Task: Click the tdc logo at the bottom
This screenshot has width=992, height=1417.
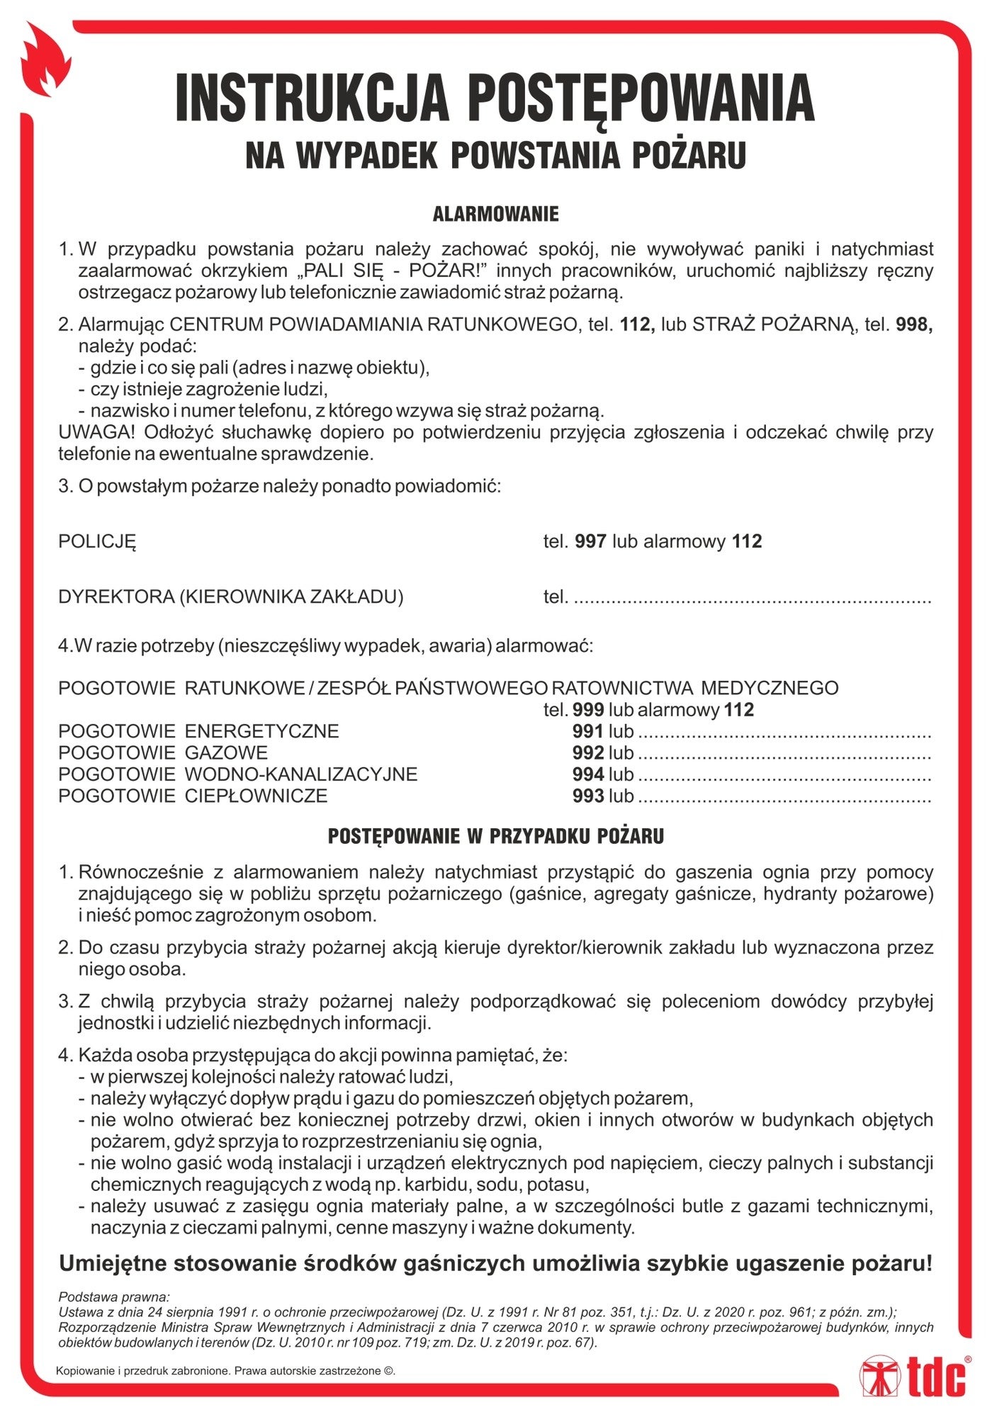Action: [x=913, y=1376]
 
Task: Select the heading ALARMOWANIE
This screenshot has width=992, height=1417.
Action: [x=495, y=214]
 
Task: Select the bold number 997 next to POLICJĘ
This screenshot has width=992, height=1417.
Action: [x=590, y=541]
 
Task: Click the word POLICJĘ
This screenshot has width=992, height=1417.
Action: [x=97, y=542]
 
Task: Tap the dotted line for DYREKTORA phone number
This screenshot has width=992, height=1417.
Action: [x=751, y=599]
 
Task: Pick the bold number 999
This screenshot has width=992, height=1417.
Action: [x=587, y=709]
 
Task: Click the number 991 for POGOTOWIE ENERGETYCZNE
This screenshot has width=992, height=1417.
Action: [x=587, y=731]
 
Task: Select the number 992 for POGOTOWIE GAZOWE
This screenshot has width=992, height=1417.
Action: [x=587, y=752]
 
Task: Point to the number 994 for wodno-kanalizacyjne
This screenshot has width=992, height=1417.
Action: [x=587, y=774]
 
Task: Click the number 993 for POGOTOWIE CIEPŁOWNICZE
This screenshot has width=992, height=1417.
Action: [x=587, y=796]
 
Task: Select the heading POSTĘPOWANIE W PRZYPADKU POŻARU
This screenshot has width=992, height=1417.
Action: [x=495, y=836]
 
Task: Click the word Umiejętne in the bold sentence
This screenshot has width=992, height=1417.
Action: [x=113, y=1263]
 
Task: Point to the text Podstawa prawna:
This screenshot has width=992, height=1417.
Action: [x=113, y=1297]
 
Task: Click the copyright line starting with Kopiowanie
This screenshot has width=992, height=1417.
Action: [x=225, y=1371]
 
